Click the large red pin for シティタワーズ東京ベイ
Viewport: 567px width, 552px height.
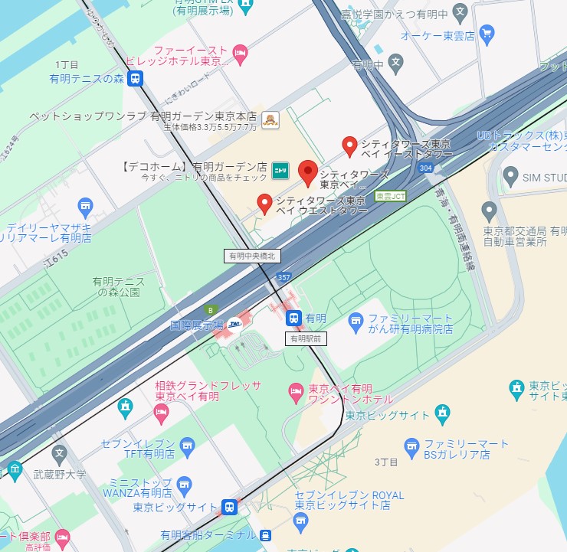pos(308,172)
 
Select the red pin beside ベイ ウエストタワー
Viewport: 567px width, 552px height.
pos(264,203)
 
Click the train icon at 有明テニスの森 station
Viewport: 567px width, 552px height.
pos(135,77)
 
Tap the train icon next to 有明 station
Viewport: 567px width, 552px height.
pos(293,318)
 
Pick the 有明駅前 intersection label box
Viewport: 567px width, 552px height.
pos(307,338)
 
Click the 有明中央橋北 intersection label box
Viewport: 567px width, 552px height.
pos(256,255)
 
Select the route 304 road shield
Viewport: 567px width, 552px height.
pos(426,167)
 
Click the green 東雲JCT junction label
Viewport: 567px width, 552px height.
pos(391,195)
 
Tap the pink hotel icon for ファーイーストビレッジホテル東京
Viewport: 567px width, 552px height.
pos(240,51)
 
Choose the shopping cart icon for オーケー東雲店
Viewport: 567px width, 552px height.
pos(487,33)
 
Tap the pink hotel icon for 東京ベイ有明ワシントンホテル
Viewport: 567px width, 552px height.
pos(295,393)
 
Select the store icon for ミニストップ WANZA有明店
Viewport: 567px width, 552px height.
pos(184,484)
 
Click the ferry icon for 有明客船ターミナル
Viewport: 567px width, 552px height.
pos(265,534)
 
